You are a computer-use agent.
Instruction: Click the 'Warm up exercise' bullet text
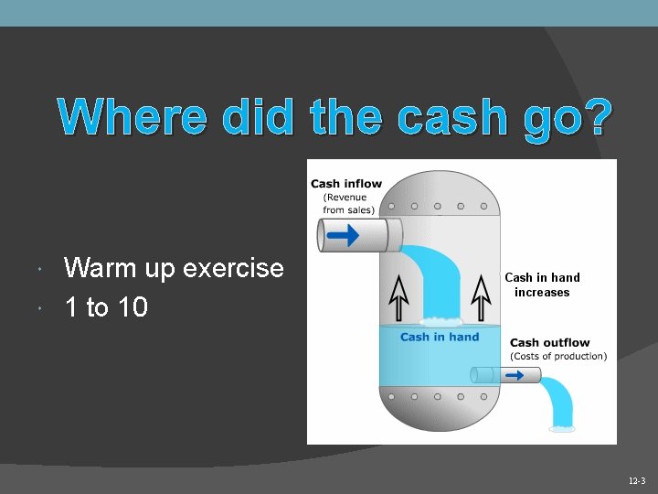coord(174,268)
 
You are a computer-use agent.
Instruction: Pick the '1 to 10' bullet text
coord(106,307)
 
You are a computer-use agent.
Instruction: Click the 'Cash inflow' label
coord(346,184)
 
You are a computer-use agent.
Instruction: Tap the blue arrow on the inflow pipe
coord(343,235)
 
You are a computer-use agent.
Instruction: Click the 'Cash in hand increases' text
coord(542,285)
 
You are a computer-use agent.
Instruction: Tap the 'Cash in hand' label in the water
coord(440,337)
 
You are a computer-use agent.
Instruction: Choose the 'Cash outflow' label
coord(550,343)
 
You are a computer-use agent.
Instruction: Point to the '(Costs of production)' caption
coord(558,356)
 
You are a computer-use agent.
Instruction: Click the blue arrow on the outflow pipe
coord(514,375)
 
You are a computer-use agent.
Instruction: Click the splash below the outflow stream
coord(562,426)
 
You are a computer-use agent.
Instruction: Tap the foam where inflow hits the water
coord(440,321)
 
